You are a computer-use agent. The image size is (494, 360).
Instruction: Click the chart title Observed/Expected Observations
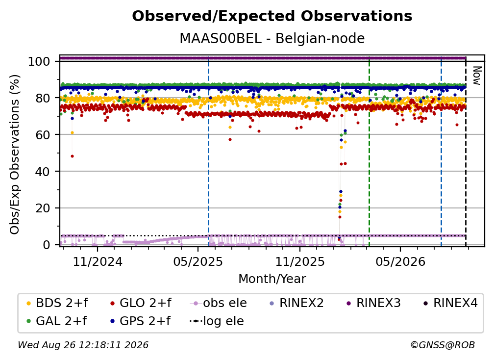272,16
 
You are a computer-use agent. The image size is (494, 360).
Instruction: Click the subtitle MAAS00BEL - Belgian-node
272,38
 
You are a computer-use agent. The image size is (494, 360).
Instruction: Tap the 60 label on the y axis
43,135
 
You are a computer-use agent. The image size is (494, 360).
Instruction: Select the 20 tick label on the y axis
43,208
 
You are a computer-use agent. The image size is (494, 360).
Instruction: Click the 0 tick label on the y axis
46,245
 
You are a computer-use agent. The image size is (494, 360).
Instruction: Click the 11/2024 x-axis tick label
98,261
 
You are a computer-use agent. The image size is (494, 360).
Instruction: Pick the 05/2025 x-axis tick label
198,261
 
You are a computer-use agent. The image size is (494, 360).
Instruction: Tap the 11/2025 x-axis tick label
299,261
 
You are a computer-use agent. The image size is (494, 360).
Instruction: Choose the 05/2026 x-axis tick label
400,261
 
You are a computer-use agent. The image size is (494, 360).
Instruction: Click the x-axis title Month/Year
272,279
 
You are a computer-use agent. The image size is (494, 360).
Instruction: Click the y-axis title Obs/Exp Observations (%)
15,154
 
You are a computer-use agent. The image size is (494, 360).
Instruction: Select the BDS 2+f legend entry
57,303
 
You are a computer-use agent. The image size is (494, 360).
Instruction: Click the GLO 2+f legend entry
141,303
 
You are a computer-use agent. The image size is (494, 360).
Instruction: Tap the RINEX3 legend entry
373,303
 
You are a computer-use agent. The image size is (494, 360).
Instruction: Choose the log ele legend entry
217,321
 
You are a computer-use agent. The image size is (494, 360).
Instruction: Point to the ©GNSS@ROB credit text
443,345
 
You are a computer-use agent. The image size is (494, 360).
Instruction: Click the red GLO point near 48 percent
72,156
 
